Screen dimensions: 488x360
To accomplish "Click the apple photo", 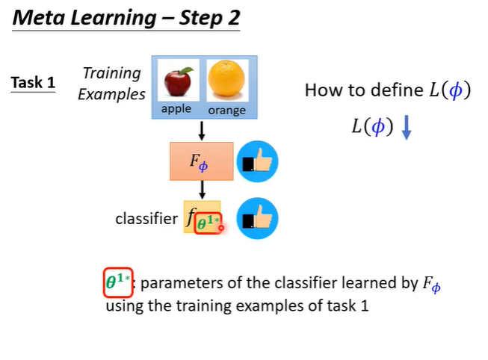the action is click(179, 80).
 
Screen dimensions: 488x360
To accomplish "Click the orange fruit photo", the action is click(226, 80).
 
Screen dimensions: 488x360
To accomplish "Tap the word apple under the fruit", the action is click(176, 109).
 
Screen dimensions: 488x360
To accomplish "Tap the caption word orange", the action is click(226, 111).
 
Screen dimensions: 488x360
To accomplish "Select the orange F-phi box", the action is click(202, 161).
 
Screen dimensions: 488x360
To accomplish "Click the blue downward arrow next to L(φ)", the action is click(407, 128).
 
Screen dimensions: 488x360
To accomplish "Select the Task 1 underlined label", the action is click(33, 82).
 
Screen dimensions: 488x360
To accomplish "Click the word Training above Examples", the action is click(112, 73).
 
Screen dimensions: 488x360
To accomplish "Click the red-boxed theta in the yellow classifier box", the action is click(208, 223).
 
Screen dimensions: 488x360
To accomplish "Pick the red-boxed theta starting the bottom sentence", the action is click(117, 282).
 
